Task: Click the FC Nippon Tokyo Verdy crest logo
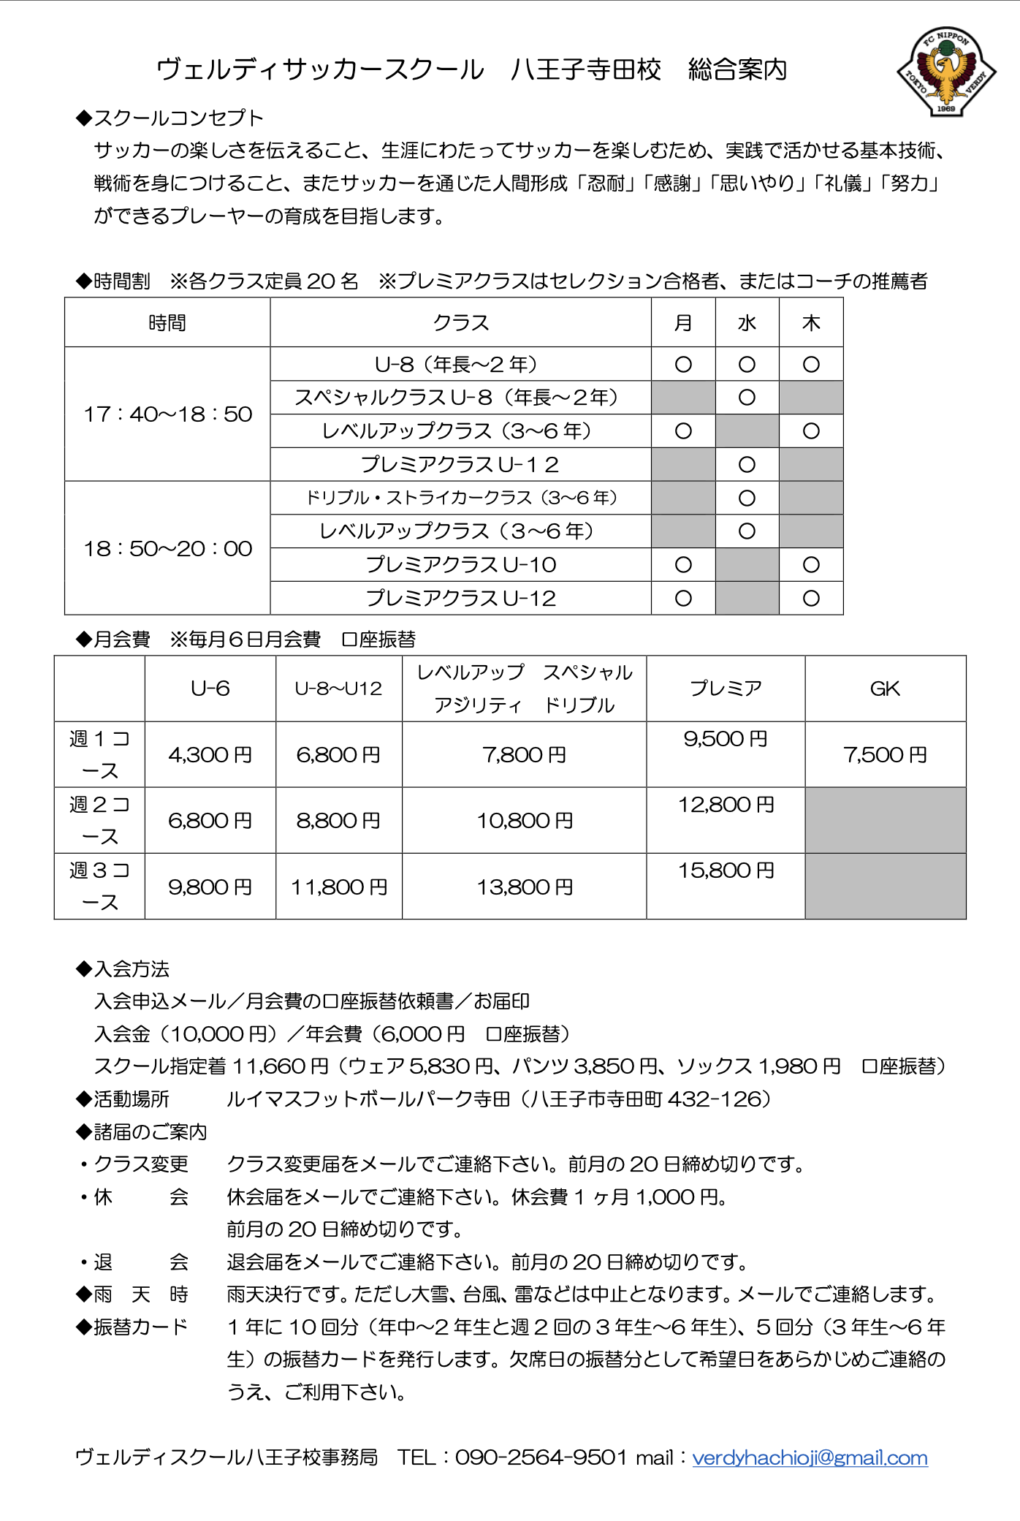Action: point(946,72)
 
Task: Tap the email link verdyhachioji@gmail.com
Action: point(810,1457)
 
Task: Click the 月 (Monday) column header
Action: point(683,323)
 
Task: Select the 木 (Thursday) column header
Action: point(811,323)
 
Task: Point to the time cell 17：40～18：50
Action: point(167,414)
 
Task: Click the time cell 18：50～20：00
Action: point(167,548)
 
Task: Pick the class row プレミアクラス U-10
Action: point(460,565)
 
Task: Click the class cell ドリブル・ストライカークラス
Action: point(460,498)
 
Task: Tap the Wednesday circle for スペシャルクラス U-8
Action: point(747,398)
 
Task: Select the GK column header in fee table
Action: point(885,689)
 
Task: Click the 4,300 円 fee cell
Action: point(210,754)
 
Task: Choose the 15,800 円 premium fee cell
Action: point(726,871)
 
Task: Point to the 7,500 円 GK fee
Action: point(885,754)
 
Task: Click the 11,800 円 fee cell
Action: point(339,887)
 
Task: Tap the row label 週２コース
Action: point(99,820)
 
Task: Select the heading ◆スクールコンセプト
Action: point(170,118)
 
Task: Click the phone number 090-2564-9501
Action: point(541,1457)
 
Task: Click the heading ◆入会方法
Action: point(123,969)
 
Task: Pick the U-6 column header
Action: point(210,689)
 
